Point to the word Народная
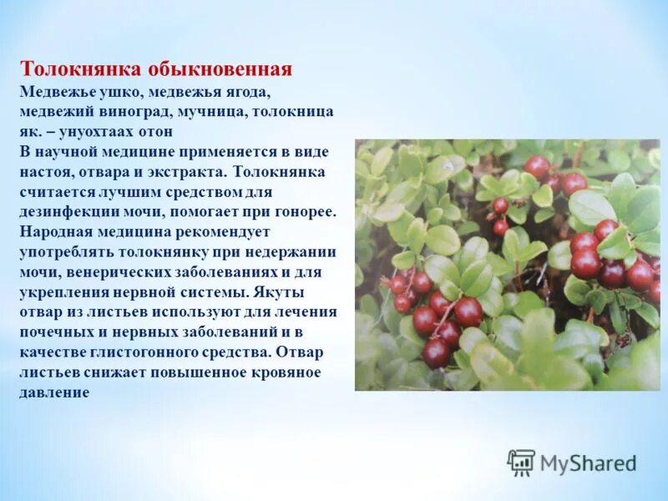click(x=54, y=232)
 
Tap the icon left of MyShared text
click(x=521, y=462)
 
